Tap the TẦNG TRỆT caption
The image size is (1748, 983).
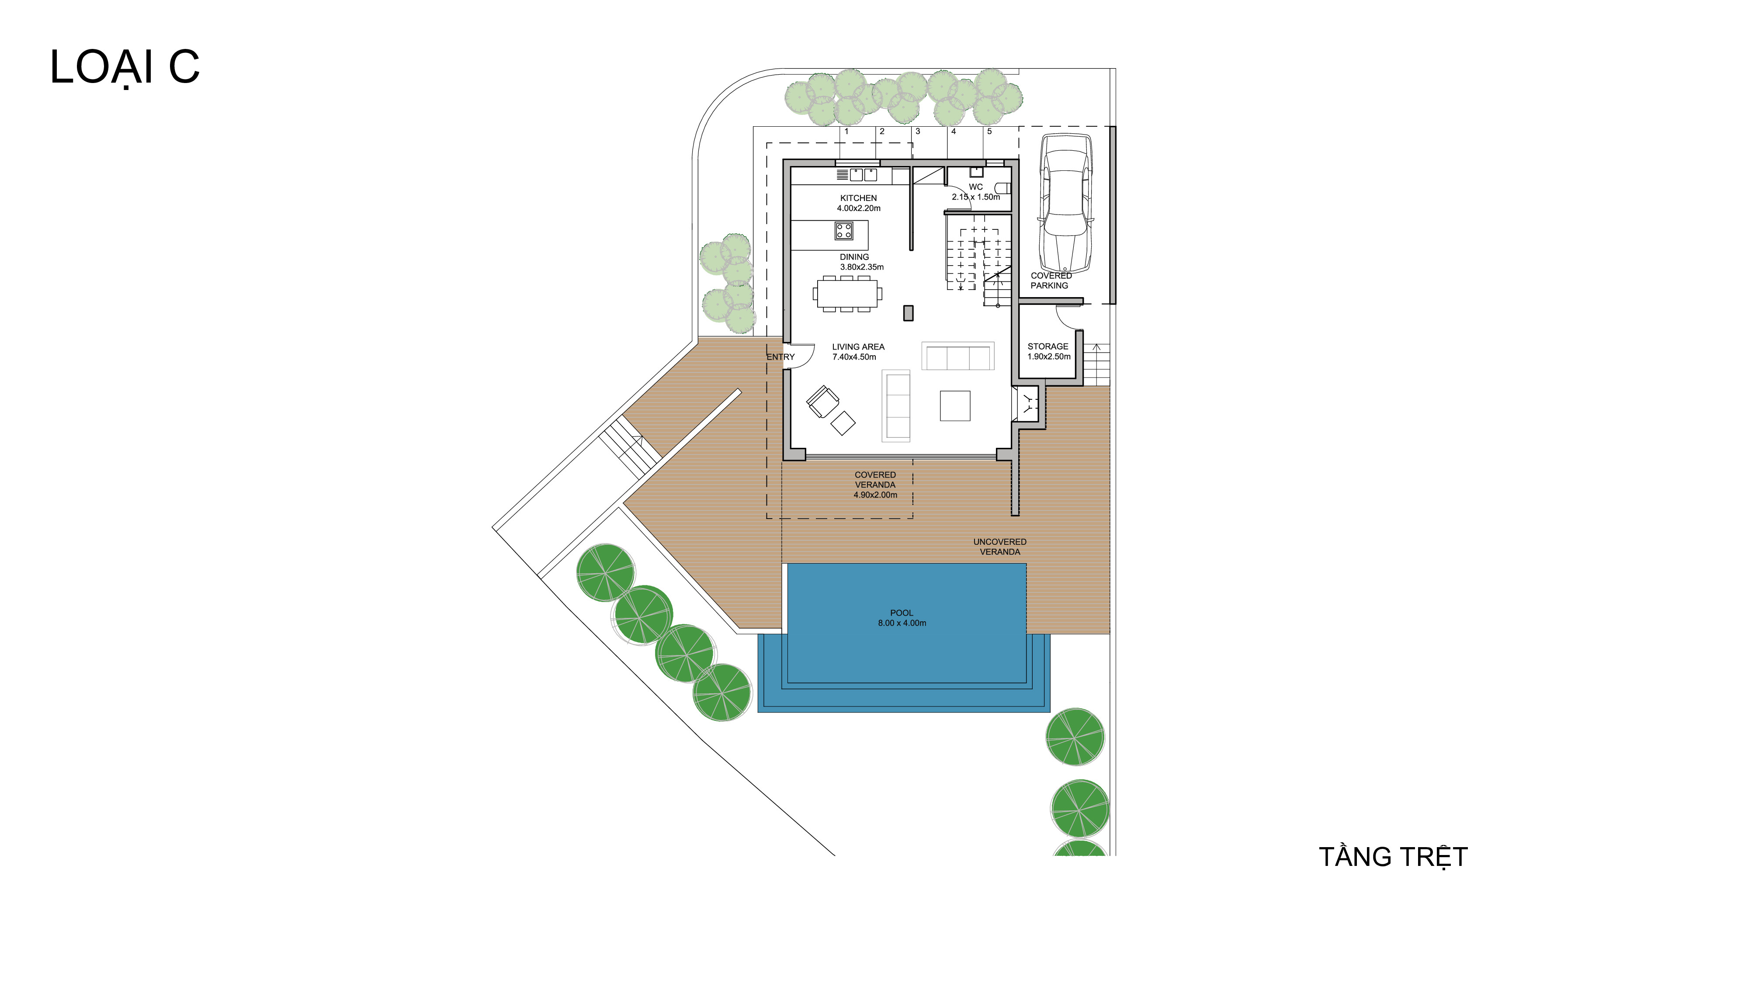1393,857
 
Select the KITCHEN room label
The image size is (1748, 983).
858,198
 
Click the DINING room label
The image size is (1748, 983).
854,257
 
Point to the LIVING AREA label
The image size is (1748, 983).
858,346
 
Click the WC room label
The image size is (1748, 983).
976,187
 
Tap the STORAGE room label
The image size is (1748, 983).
1048,346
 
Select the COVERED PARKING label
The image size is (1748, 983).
1051,280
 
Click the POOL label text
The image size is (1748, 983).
902,613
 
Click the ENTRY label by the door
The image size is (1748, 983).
780,357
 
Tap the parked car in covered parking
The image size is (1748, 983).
1066,203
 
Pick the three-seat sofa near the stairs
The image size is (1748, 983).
957,356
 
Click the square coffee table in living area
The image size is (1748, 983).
955,406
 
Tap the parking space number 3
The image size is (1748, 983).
917,132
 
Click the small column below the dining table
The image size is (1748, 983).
908,313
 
